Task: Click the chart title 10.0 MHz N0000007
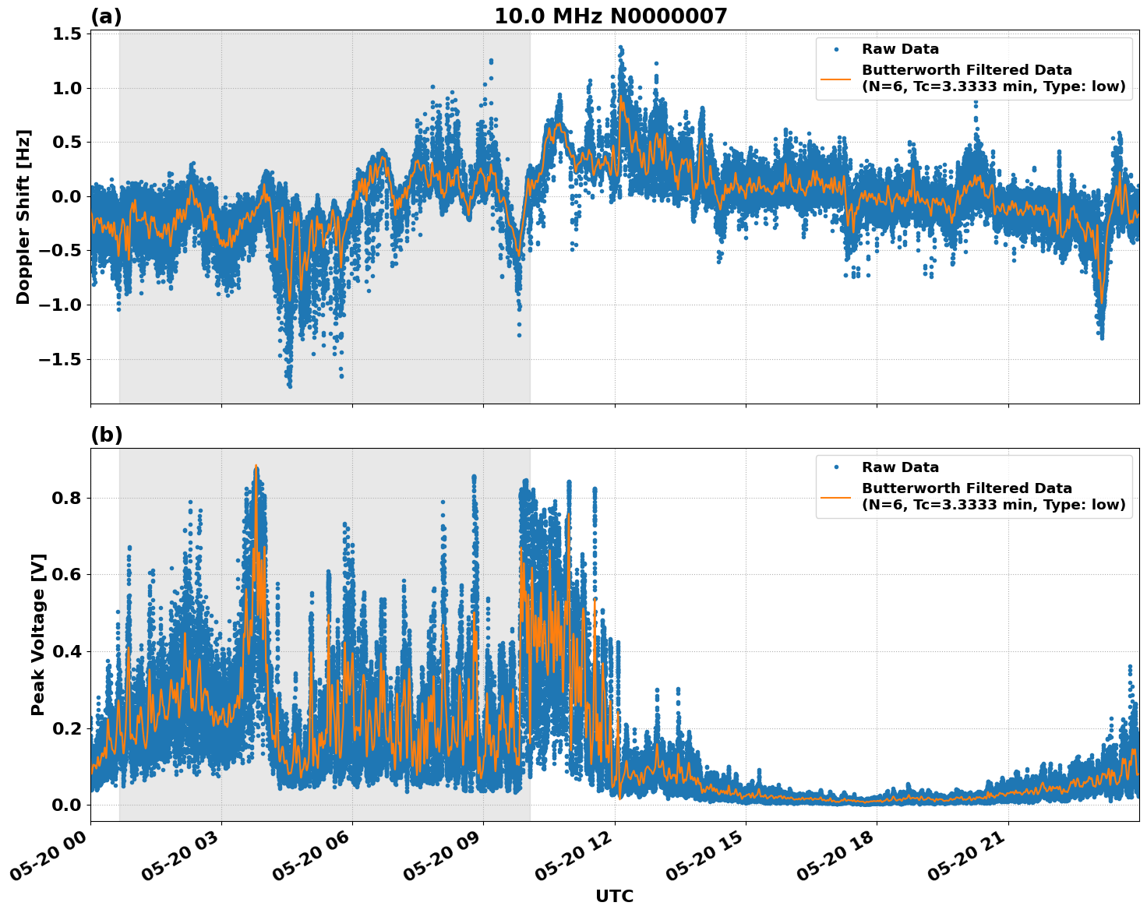tap(611, 16)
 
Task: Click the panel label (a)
tap(106, 16)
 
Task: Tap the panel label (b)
tap(106, 435)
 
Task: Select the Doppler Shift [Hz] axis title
tap(23, 217)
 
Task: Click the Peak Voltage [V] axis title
tap(38, 634)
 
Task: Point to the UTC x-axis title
tap(614, 896)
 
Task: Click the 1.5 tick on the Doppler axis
tap(67, 33)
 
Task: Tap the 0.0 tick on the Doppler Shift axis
tap(67, 196)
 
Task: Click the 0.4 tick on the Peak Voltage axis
tap(67, 651)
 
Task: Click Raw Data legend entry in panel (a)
tap(900, 49)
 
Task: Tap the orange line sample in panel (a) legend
tap(836, 78)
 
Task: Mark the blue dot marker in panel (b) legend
tap(836, 467)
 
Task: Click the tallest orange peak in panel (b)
tap(256, 466)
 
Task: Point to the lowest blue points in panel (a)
tap(289, 385)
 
